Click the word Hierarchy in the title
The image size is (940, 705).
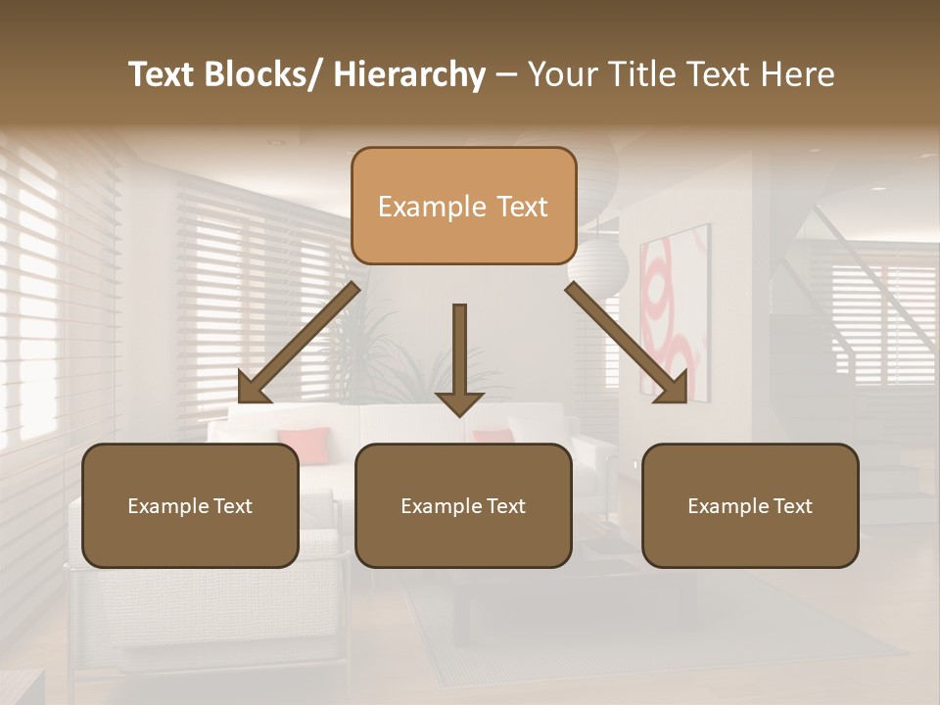(x=409, y=74)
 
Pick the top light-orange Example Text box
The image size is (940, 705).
(x=463, y=206)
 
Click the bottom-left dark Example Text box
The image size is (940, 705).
(x=190, y=505)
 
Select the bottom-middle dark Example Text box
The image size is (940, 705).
(x=463, y=505)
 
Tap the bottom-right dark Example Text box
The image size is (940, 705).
(x=750, y=505)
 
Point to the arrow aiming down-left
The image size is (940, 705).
(x=299, y=343)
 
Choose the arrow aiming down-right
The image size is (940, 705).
(x=627, y=343)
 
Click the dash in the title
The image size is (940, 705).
(x=506, y=74)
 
